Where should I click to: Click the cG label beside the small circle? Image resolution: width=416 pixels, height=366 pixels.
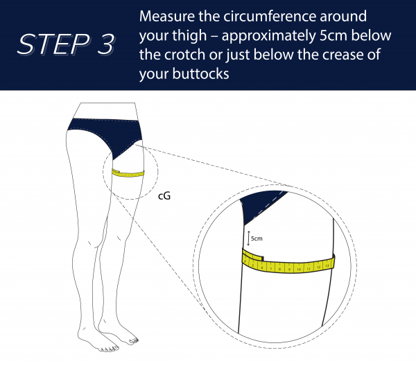[164, 196]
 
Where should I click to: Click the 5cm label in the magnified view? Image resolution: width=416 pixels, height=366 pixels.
[257, 238]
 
